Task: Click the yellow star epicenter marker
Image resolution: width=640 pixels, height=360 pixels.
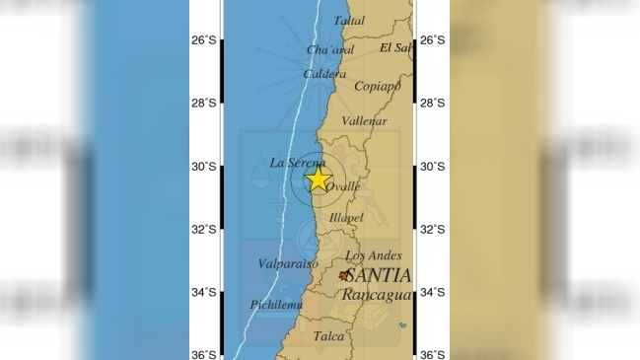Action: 318,179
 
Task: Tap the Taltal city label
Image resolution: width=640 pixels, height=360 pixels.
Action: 348,20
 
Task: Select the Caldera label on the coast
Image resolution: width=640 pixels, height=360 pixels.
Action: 323,74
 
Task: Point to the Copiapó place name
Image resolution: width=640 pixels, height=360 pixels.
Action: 377,86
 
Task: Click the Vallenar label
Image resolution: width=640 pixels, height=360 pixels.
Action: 361,120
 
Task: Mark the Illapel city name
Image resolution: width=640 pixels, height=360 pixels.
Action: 346,217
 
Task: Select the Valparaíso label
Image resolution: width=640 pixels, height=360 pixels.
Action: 287,264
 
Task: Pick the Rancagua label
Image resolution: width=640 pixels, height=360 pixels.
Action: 376,294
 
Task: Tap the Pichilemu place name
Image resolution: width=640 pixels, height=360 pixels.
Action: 274,305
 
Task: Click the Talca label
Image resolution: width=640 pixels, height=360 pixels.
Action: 329,336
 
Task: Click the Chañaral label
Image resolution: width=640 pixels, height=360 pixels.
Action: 329,50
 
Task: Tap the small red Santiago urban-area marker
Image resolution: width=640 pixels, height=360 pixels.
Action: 343,276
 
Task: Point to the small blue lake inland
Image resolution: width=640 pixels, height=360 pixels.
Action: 402,325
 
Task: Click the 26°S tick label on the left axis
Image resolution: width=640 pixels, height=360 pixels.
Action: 204,40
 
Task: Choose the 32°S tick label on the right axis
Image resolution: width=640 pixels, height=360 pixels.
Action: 432,229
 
